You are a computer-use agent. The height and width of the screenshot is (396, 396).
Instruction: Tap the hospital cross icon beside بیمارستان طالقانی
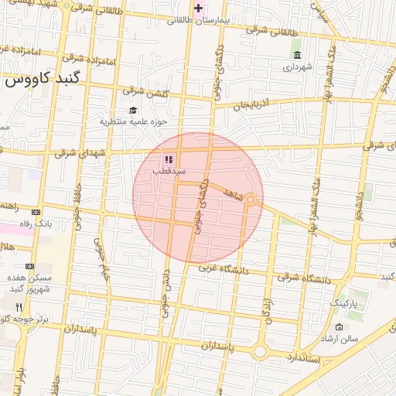click(x=200, y=9)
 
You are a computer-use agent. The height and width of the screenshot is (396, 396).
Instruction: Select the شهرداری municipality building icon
click(x=298, y=54)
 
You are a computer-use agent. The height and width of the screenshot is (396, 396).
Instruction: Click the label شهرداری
click(x=298, y=67)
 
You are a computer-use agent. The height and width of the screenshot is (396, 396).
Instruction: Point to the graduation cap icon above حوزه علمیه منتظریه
click(x=133, y=110)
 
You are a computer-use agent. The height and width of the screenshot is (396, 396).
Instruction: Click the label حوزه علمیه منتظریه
click(x=133, y=121)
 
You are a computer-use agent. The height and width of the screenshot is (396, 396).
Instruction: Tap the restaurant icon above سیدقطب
click(x=169, y=159)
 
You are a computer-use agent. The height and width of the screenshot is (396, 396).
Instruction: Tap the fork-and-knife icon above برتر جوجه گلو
click(x=19, y=307)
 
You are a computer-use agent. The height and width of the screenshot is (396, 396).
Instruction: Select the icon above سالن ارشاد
click(x=339, y=326)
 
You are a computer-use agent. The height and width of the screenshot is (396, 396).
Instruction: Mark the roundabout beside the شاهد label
click(x=251, y=200)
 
